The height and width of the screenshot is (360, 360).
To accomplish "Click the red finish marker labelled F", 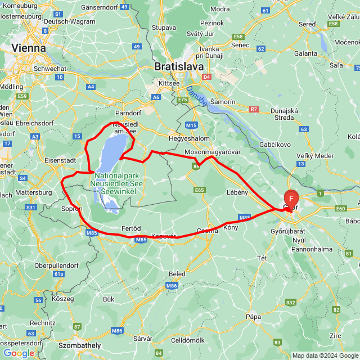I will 291,199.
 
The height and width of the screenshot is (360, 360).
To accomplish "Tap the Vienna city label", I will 29,48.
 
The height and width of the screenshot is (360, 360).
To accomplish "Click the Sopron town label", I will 72,209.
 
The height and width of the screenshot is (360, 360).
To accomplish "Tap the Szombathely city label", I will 80,345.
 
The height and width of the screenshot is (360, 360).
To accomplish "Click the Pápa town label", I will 253,317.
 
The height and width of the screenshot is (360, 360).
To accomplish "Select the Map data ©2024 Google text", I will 325,355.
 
